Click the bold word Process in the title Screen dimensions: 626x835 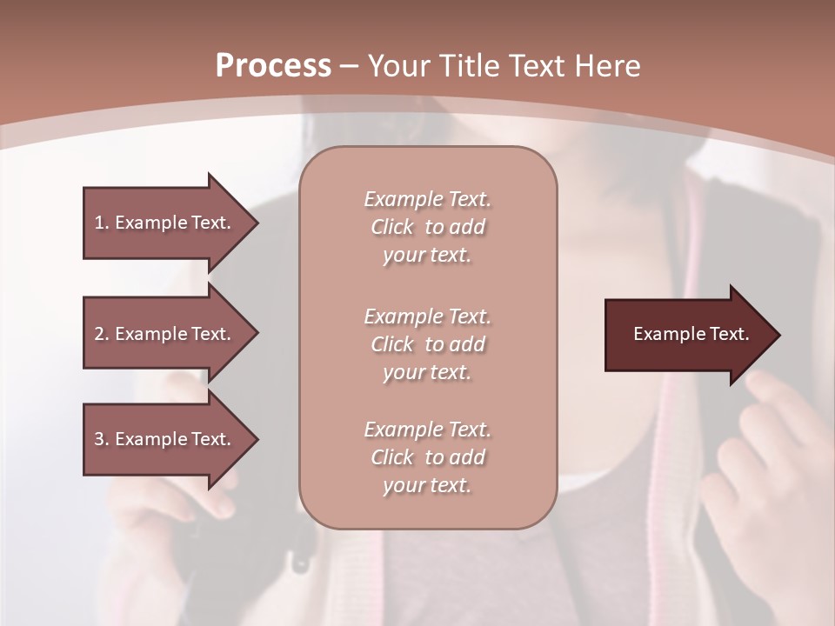pos(273,66)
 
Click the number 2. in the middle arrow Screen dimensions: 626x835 pos(102,334)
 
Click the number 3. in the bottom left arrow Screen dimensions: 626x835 pos(102,439)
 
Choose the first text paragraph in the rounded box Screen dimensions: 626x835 pos(427,227)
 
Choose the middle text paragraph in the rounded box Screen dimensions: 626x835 pos(427,344)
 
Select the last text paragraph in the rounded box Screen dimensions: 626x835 pos(427,457)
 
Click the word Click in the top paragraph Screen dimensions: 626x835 pos(392,227)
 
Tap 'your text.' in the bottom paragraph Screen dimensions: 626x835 pos(427,485)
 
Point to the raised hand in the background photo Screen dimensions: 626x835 pos(765,452)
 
